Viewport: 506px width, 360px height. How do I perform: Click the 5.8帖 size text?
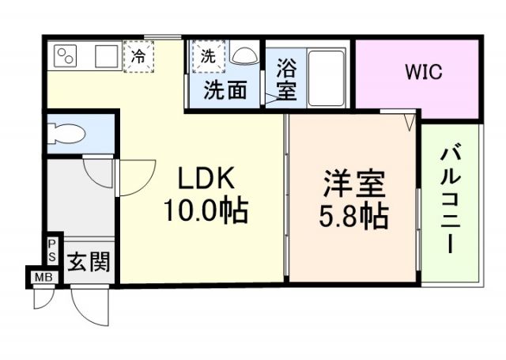pos(353,216)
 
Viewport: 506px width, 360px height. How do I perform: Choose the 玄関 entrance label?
pos(87,260)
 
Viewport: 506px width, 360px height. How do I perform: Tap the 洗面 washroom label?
pos(225,90)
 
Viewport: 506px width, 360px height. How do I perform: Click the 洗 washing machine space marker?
pos(208,56)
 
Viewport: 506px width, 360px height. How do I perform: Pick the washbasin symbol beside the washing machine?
pos(244,55)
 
